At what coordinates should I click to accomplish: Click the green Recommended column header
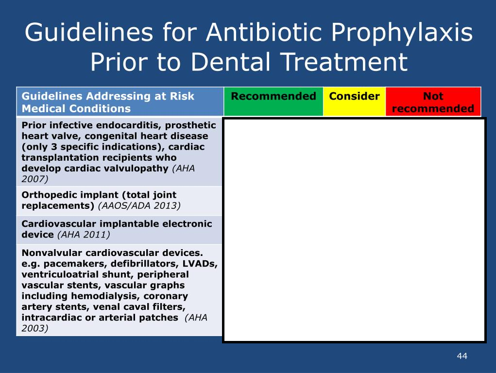[274, 101]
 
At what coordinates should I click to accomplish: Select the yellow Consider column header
[354, 101]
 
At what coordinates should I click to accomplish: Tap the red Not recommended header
[433, 101]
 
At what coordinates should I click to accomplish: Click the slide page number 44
[462, 356]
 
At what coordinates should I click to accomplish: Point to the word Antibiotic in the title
[264, 32]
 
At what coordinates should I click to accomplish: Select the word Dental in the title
[231, 61]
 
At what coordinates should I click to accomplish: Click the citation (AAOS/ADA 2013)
[139, 205]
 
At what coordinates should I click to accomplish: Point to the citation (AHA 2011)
[84, 235]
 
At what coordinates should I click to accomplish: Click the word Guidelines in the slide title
[89, 32]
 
